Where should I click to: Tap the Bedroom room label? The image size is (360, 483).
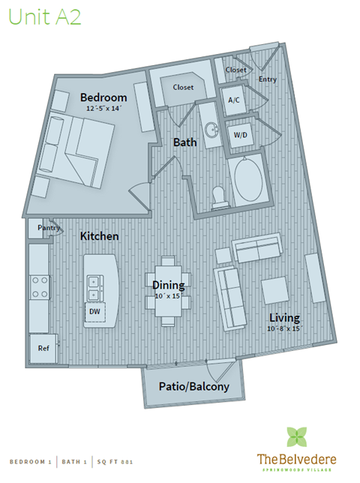tap(103, 97)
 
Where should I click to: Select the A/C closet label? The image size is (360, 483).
tap(233, 100)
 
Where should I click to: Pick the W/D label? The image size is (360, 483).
tap(241, 135)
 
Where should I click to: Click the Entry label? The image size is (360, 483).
tap(267, 79)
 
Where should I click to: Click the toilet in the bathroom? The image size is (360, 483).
tap(220, 196)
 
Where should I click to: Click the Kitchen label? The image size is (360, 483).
tap(100, 236)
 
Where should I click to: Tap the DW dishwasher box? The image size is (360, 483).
tap(94, 310)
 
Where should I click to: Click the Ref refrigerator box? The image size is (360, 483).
tap(42, 347)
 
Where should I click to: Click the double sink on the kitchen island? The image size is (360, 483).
tap(94, 283)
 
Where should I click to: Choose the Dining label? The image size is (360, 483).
tap(168, 285)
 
